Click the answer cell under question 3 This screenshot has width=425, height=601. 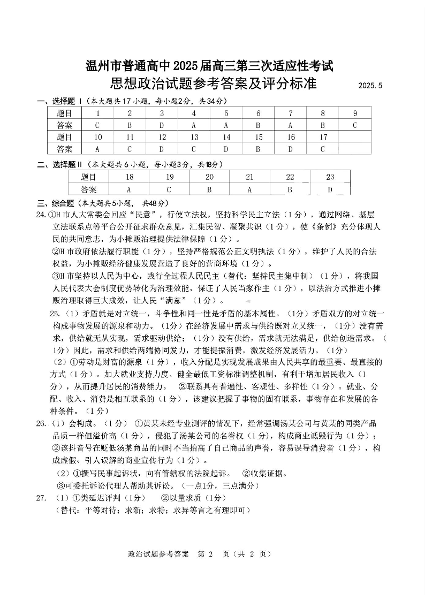click(x=162, y=125)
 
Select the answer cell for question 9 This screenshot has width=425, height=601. click(x=354, y=125)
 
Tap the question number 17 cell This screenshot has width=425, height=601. click(x=323, y=137)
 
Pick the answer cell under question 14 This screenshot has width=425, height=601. click(x=226, y=149)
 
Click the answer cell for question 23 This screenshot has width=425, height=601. click(x=330, y=189)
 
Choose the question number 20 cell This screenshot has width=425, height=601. click(x=209, y=177)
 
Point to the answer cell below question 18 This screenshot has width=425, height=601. click(x=129, y=189)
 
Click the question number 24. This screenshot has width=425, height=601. click(x=41, y=215)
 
